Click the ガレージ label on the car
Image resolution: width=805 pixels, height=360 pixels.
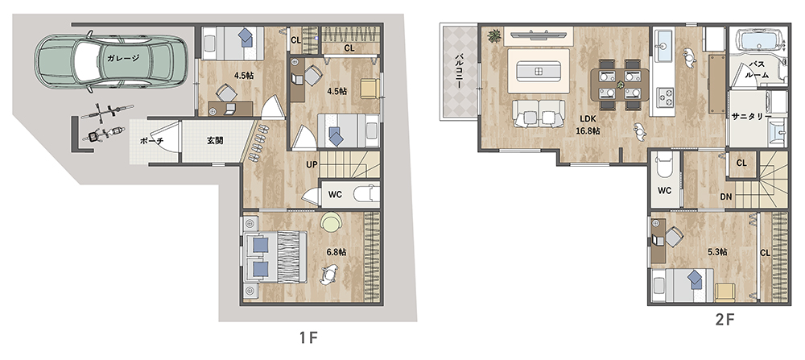coord(123,58)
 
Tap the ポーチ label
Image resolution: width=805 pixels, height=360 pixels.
coord(151,140)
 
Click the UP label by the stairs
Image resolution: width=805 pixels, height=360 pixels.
coord(312,165)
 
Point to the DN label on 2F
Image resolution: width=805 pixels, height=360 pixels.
coord(726,197)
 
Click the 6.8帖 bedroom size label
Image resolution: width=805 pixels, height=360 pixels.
coord(336,252)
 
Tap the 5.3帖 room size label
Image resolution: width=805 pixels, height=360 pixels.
coord(717,252)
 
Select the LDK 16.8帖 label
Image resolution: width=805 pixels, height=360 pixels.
coord(588,125)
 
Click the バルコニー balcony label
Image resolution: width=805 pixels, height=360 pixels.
coord(460,71)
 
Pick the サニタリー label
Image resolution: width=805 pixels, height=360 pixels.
coord(751,116)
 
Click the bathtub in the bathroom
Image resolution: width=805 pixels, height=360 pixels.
coord(759,39)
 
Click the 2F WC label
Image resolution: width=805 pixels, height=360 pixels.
coord(665,191)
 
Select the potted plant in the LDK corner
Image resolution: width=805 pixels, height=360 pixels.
coord(495,36)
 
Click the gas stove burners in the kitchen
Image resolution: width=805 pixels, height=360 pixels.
coord(666,96)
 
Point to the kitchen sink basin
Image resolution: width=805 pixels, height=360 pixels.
coord(663,40)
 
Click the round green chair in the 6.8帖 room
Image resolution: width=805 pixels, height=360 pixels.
coord(331,222)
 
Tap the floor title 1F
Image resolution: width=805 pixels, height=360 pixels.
coord(309,338)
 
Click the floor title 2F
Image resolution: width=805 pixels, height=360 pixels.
coord(725,320)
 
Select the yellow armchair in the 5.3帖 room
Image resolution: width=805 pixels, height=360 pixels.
coord(725,292)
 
